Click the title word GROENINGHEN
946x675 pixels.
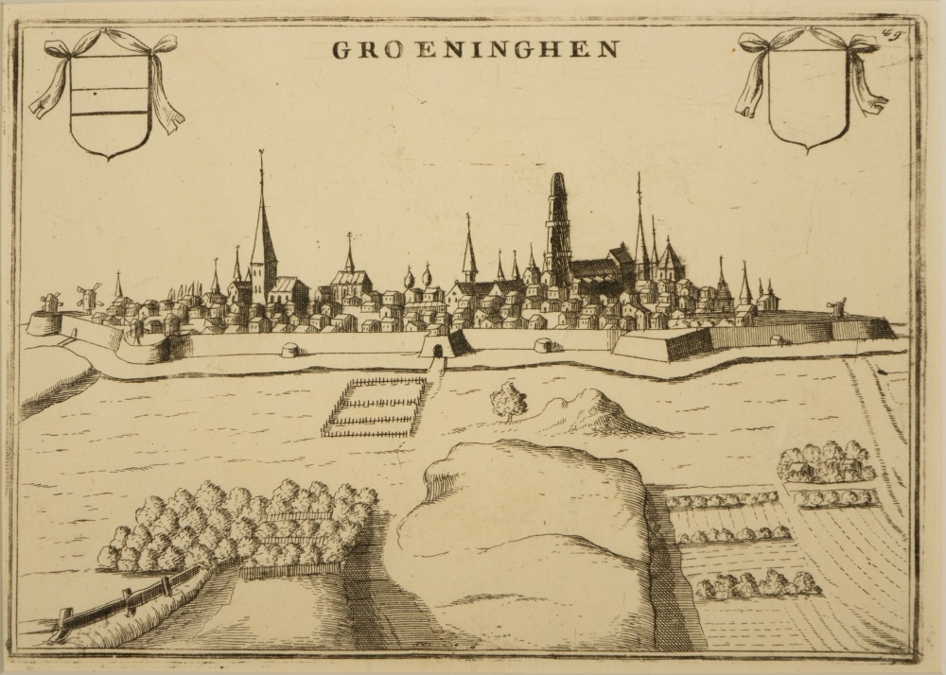click(476, 49)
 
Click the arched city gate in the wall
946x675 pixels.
click(436, 352)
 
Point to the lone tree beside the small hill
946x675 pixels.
click(509, 401)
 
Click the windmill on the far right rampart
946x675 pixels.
click(835, 307)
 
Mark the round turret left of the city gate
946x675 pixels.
click(289, 351)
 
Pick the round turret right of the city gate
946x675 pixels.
click(544, 345)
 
